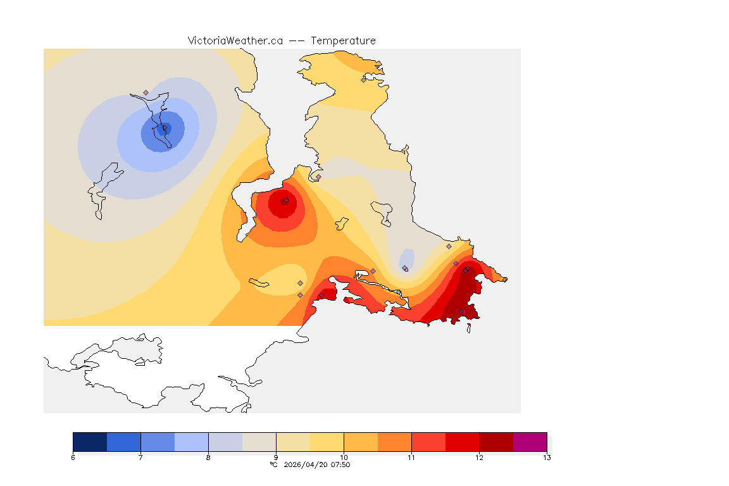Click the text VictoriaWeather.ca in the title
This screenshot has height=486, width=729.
235,40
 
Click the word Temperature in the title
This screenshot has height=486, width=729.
343,40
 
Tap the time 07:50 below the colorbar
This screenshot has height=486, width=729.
340,465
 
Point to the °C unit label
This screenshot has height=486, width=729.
273,465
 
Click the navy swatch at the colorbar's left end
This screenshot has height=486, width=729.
90,441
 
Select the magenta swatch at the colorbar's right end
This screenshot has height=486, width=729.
530,441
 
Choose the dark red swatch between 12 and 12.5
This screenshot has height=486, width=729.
496,441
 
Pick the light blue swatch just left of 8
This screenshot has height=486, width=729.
191,441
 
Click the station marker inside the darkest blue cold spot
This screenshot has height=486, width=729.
165,128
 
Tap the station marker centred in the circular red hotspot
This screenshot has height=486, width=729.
286,201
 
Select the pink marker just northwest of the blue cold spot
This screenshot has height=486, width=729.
146,92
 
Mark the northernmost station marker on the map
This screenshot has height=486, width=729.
363,80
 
